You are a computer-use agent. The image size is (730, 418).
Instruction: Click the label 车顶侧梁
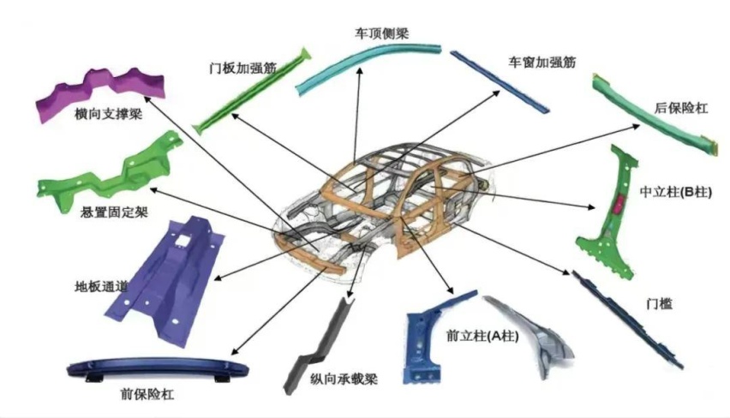pos(381,33)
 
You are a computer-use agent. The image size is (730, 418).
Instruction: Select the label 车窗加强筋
pos(541,62)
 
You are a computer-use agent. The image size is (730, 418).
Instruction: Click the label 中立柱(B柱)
pos(677,192)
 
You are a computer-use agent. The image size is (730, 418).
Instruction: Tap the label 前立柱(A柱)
pos(472,337)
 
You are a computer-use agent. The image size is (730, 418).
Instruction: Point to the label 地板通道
pos(101,285)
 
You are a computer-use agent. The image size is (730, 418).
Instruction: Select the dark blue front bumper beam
pos(158,370)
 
